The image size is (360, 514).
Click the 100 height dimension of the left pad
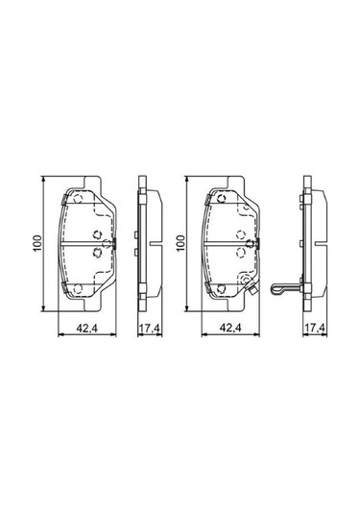pos(36,244)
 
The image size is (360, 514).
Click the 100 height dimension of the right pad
pos(179,244)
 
